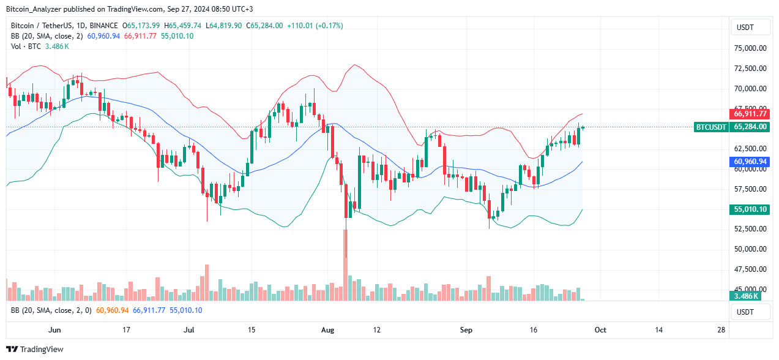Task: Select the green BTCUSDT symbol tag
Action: [x=711, y=127]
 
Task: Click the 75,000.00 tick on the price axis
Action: [x=750, y=48]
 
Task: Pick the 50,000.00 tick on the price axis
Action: [x=750, y=249]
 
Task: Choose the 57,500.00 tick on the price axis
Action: [x=750, y=189]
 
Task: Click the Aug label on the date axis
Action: [x=328, y=330]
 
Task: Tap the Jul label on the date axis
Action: [x=190, y=330]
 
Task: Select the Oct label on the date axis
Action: [x=600, y=330]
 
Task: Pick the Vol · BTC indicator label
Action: [x=26, y=47]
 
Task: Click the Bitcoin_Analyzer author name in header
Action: [x=35, y=9]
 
